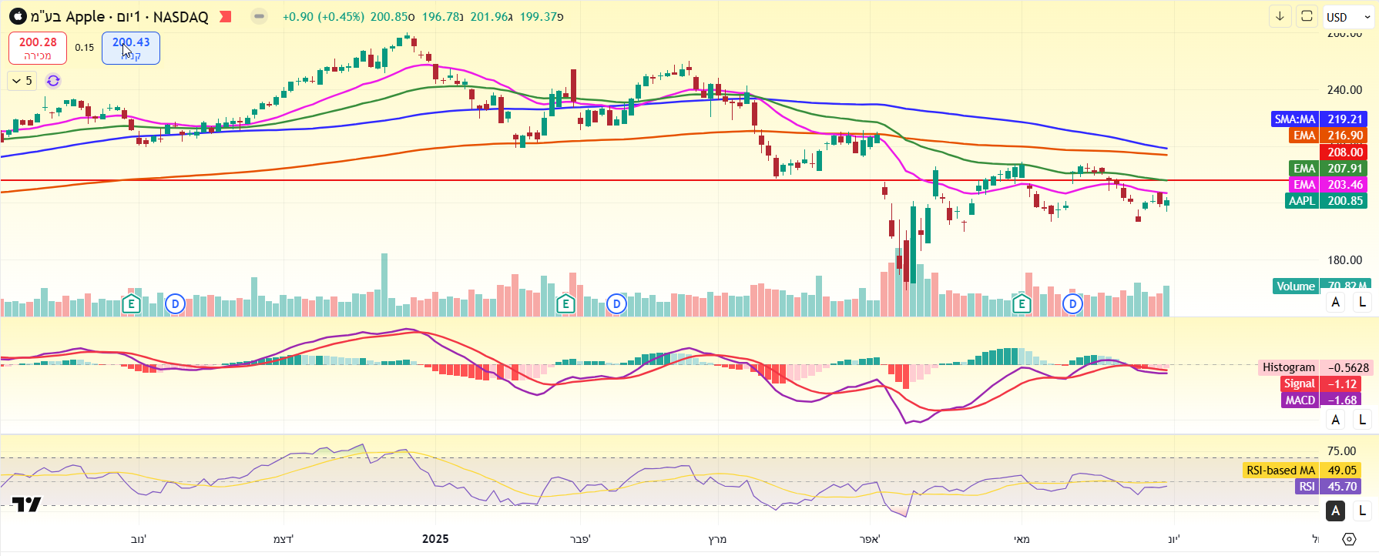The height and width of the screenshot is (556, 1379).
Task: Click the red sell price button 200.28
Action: click(38, 48)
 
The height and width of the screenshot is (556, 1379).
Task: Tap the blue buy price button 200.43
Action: click(131, 48)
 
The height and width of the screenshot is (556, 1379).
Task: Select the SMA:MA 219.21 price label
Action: click(1318, 119)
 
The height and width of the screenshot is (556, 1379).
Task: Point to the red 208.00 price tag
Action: click(1344, 152)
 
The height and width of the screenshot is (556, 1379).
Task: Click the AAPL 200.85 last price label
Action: click(1325, 201)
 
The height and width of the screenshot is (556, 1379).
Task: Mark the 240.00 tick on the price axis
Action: click(1344, 90)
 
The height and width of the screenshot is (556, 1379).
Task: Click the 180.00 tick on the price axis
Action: click(1344, 260)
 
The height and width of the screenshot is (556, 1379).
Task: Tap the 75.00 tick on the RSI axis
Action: click(1341, 451)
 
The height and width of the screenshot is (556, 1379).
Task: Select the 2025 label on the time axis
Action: click(435, 539)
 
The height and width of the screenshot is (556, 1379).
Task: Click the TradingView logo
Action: click(26, 504)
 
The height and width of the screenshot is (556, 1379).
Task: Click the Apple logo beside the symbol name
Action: click(17, 16)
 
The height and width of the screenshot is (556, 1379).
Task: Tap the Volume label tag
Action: click(1296, 286)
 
